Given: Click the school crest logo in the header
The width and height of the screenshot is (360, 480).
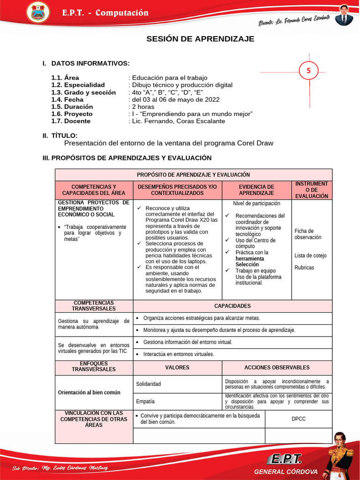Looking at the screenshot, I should [x=37, y=13].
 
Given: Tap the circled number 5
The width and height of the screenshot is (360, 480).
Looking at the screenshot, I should [x=308, y=71].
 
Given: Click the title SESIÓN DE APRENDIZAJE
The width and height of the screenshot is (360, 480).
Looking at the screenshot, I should [x=200, y=39].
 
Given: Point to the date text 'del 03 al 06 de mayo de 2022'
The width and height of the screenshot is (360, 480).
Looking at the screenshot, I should [x=175, y=99].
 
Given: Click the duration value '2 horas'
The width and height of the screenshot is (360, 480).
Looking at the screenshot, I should [x=143, y=106].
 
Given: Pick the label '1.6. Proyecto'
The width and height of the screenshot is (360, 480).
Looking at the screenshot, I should [x=72, y=114].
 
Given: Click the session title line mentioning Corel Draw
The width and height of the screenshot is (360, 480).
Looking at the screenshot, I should [x=168, y=143].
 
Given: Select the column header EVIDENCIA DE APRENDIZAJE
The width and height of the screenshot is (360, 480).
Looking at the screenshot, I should [x=256, y=190].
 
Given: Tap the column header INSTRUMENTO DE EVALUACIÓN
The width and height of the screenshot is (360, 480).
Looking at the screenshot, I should [x=312, y=190].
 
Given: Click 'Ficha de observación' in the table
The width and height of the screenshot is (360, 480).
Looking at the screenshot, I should [x=308, y=234].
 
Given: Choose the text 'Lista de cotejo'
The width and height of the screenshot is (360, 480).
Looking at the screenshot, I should [x=310, y=255].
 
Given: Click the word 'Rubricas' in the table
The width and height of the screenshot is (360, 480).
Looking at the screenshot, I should [x=304, y=268].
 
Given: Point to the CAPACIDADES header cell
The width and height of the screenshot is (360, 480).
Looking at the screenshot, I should [x=232, y=306].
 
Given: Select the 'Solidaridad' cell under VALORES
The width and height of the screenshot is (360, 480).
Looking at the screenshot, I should [x=149, y=384].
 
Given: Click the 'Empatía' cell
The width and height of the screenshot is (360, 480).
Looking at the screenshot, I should [x=145, y=401].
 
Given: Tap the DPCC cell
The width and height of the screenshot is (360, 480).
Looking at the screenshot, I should [x=298, y=419].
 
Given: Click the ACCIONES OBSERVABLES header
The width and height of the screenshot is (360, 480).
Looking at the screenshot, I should [x=277, y=367].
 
